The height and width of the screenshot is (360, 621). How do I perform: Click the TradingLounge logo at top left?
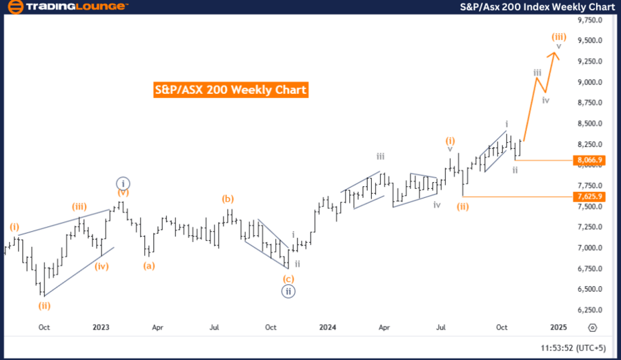tap(68, 7)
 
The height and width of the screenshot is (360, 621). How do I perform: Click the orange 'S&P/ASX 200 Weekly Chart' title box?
tap(230, 90)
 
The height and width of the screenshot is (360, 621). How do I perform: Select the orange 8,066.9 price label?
tap(589, 160)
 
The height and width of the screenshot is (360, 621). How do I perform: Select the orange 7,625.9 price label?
tap(589, 197)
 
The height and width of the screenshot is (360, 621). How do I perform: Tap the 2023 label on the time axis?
tap(101, 328)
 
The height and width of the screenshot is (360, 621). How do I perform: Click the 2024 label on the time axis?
tap(327, 328)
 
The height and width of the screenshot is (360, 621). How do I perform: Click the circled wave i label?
tap(122, 183)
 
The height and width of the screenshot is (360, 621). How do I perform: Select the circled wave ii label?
tap(289, 292)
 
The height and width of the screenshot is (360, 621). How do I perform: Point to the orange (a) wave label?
tap(148, 265)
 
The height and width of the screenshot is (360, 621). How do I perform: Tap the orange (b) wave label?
tap(228, 199)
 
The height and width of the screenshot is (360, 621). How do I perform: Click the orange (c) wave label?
tap(289, 279)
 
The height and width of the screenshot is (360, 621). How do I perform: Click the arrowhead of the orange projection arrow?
tap(556, 55)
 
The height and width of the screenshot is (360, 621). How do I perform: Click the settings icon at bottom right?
tap(591, 328)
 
